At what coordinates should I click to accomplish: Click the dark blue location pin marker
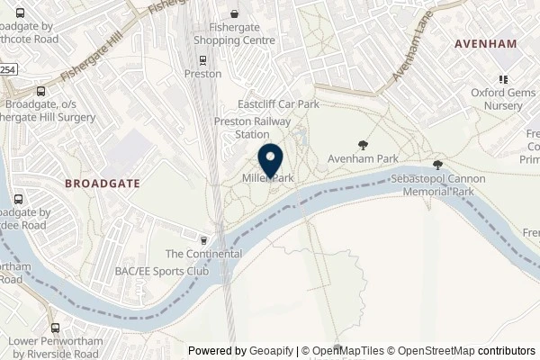271,161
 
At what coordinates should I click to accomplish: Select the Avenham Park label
363,159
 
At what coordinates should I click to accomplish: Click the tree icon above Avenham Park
363,144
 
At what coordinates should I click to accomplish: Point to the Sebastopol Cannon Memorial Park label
436,185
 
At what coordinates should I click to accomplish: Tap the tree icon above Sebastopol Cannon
437,165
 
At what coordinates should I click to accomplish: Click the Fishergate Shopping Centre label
235,35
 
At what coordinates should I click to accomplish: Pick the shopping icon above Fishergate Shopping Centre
235,14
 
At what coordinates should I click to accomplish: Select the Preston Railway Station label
240,127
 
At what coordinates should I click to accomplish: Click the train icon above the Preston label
203,61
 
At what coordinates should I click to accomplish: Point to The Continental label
203,255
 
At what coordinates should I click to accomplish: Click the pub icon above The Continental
204,240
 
